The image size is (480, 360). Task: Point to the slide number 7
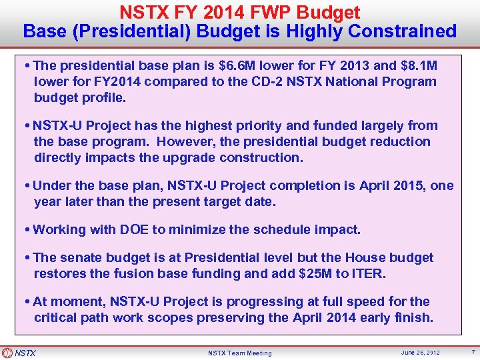click(x=473, y=352)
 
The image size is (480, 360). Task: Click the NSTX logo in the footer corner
click(x=19, y=353)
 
